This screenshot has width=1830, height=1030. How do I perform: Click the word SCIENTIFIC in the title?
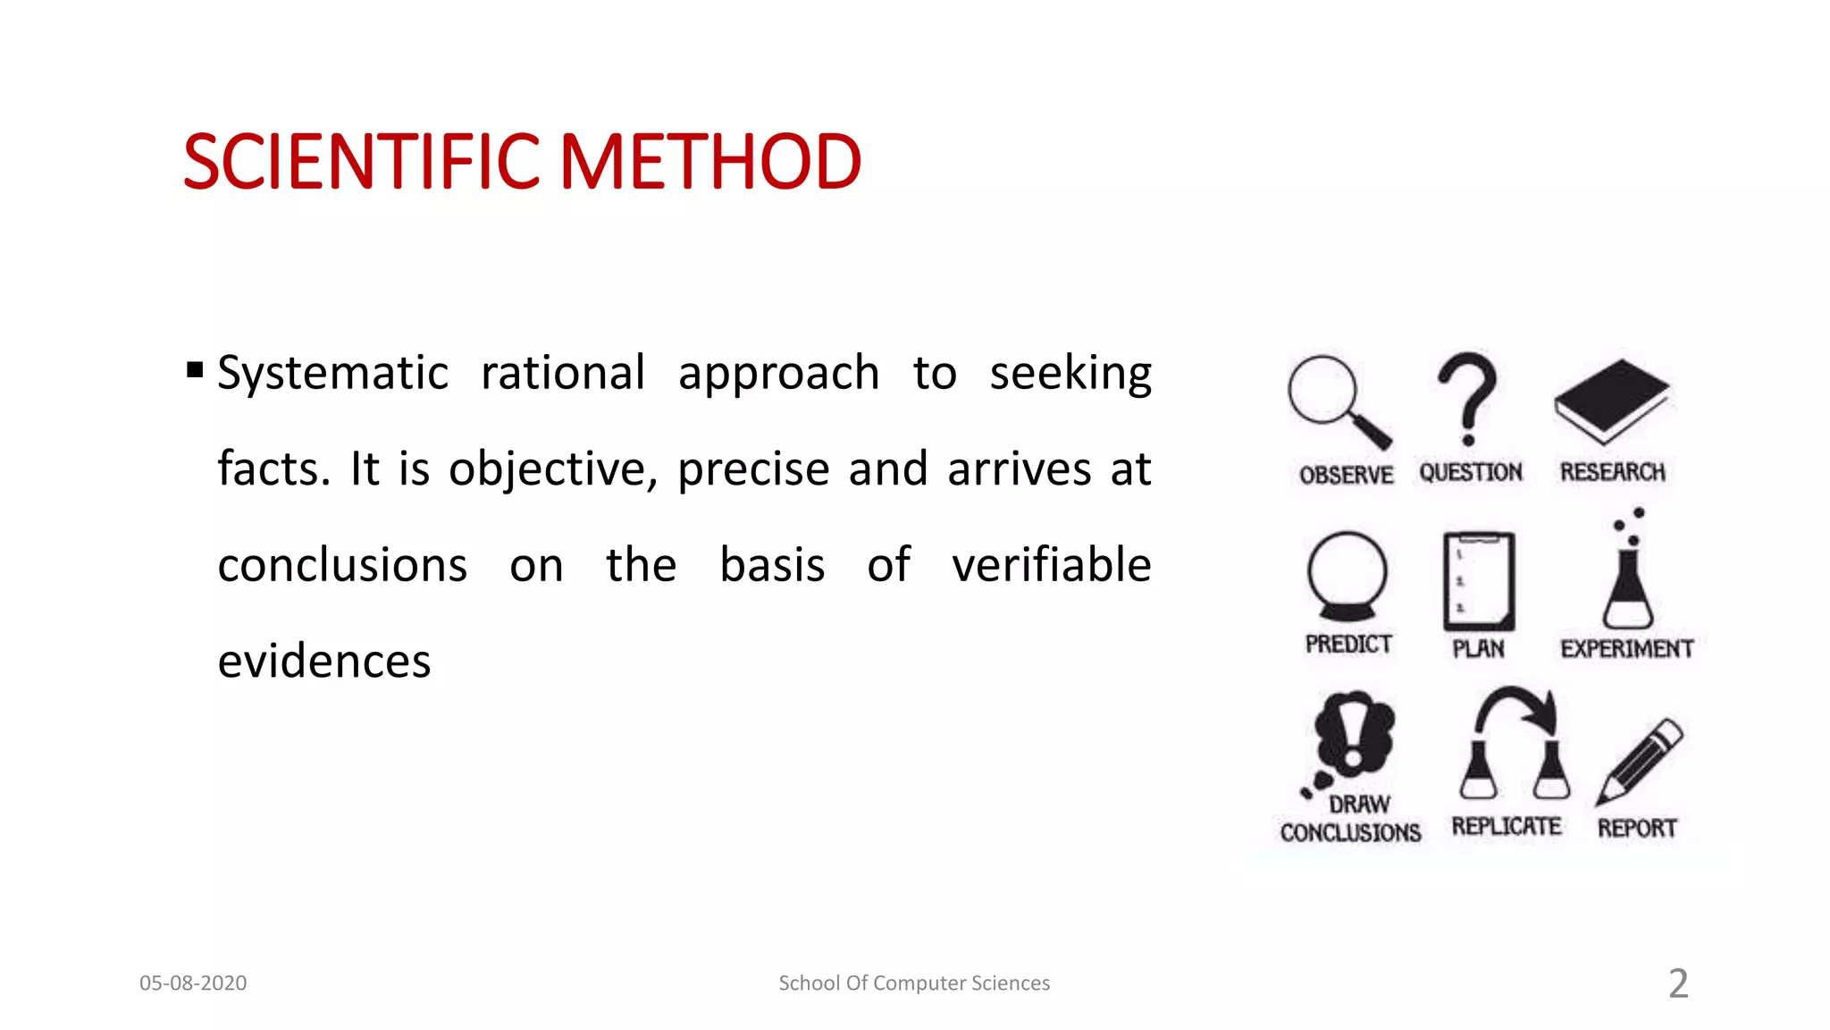tap(361, 162)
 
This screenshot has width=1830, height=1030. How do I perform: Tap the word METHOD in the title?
tap(710, 162)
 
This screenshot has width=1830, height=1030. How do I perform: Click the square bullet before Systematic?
tap(195, 370)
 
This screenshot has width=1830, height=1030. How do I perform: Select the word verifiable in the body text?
tap(1051, 565)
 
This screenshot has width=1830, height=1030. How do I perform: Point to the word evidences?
tap(324, 662)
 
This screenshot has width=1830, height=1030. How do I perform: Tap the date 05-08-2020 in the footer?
tap(193, 983)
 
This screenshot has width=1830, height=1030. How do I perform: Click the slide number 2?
tap(1678, 984)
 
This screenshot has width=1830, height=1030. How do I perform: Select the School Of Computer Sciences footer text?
tap(914, 983)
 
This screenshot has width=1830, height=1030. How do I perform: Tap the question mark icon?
tap(1467, 399)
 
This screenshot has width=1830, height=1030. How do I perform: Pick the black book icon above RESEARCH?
tap(1611, 401)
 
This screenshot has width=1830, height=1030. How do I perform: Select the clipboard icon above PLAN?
tap(1479, 581)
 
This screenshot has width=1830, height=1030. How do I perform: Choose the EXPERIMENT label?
tap(1626, 649)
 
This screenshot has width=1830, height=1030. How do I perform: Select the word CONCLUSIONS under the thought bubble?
tap(1350, 833)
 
